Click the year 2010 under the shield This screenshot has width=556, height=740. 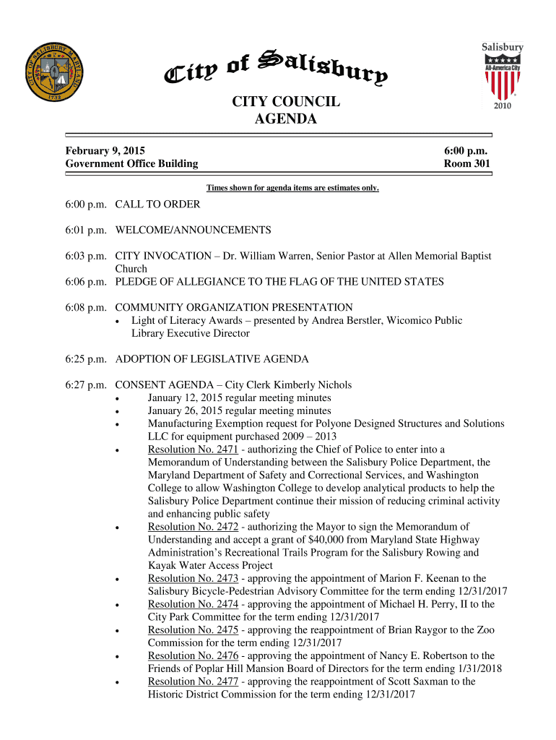pos(503,106)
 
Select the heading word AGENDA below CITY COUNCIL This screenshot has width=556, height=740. pos(286,119)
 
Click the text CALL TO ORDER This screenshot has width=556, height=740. pos(157,204)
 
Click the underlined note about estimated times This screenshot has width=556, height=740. pos(292,188)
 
